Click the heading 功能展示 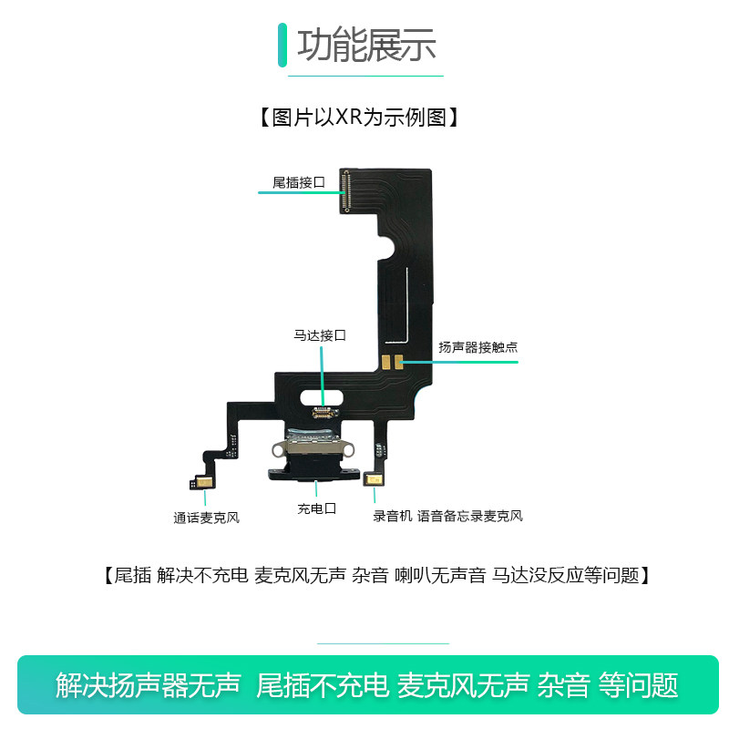pyautogui.click(x=366, y=46)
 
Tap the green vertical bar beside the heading pyautogui.click(x=282, y=45)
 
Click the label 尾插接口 pyautogui.click(x=298, y=182)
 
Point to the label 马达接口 pyautogui.click(x=319, y=335)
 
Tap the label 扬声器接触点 pyautogui.click(x=478, y=347)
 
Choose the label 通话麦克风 pyautogui.click(x=206, y=519)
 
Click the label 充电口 pyautogui.click(x=316, y=508)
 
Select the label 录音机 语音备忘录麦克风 pyautogui.click(x=447, y=516)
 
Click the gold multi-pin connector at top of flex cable pyautogui.click(x=345, y=190)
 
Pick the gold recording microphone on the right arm pyautogui.click(x=373, y=480)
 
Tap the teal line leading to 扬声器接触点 pyautogui.click(x=460, y=362)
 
